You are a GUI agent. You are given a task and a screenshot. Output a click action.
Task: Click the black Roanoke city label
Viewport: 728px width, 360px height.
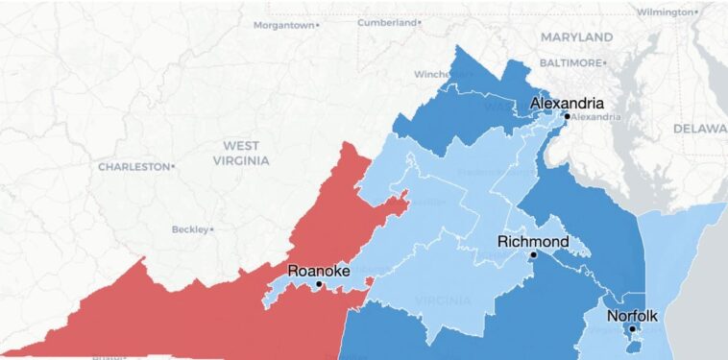(x=319, y=271)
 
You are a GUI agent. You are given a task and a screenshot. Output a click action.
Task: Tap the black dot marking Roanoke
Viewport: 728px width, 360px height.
(x=319, y=284)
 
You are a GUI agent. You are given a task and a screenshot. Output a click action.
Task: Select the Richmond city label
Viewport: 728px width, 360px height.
(x=533, y=241)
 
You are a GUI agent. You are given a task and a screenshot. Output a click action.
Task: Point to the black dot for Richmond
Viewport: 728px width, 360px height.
(x=533, y=254)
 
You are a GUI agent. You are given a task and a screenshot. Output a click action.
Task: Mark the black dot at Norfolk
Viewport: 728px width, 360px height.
(x=632, y=328)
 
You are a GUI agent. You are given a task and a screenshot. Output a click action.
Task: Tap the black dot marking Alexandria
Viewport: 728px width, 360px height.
(x=567, y=116)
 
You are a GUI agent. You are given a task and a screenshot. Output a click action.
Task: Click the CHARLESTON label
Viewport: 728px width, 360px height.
(x=133, y=166)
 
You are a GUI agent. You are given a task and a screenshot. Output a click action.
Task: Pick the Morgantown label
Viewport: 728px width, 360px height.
(x=285, y=25)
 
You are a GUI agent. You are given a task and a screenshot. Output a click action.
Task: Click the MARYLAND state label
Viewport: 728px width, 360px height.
(x=576, y=36)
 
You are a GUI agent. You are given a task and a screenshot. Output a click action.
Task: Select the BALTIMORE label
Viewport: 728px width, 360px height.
(x=571, y=62)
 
